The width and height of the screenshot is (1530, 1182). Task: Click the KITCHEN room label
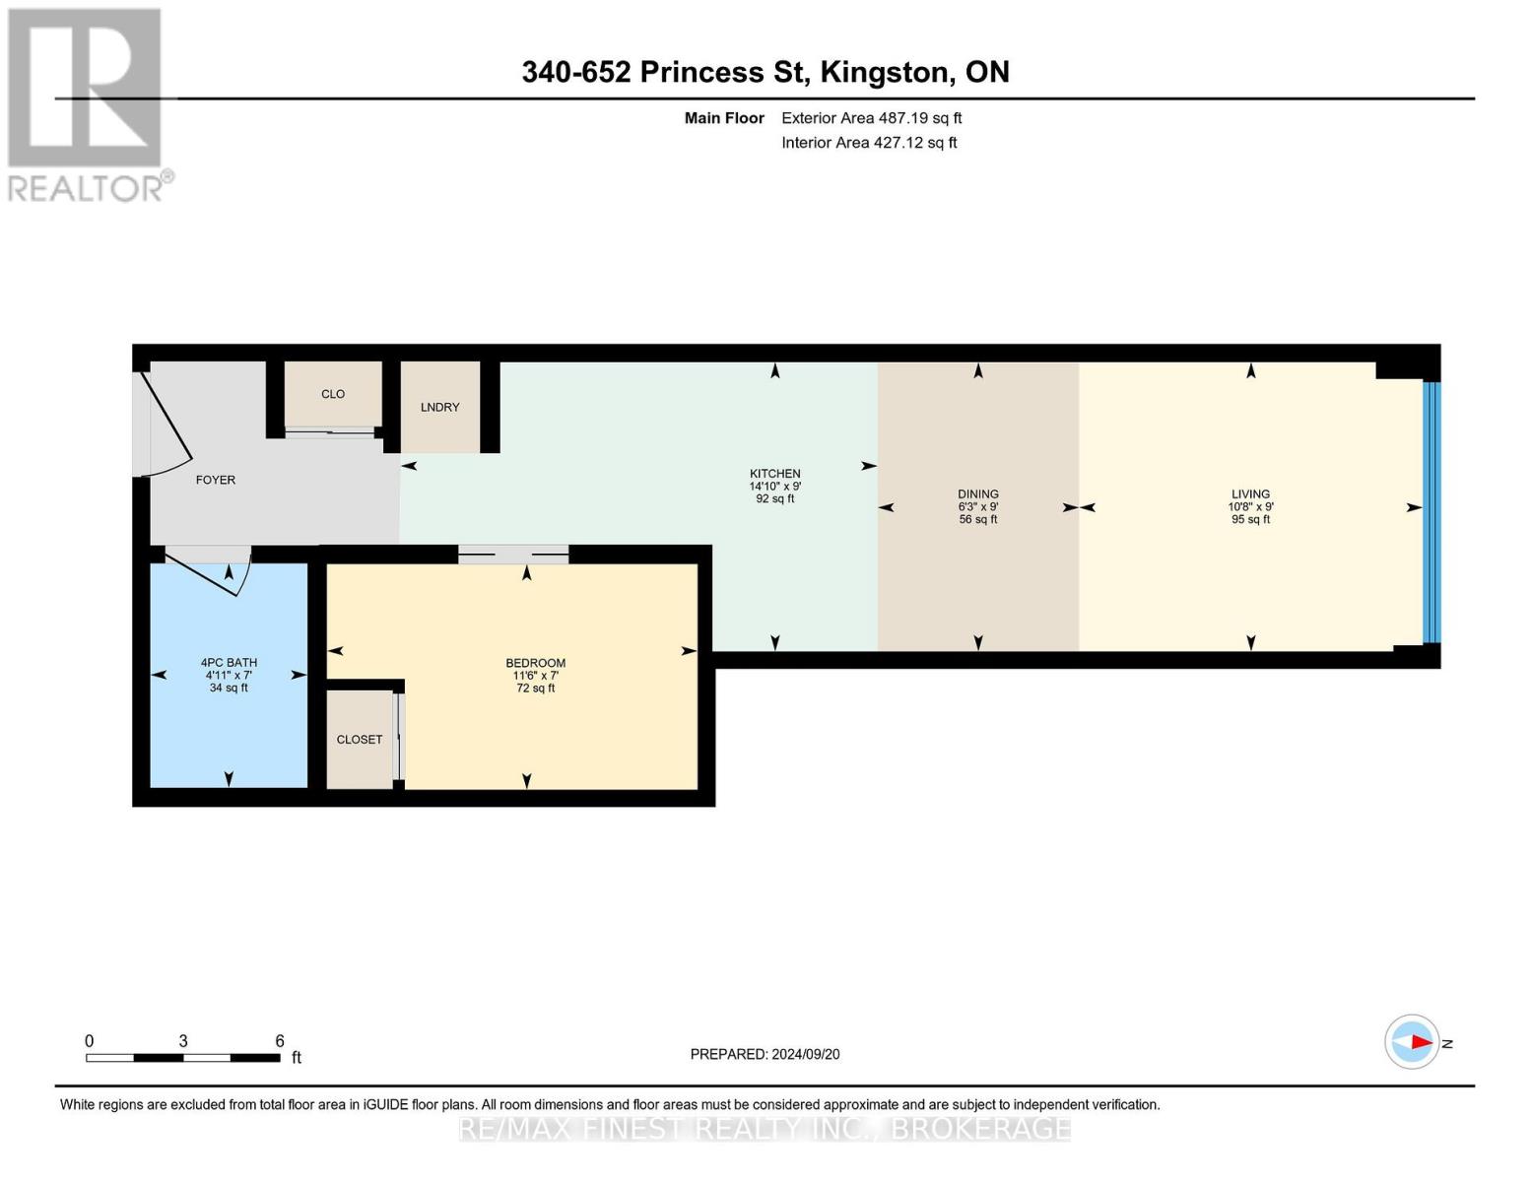[774, 474]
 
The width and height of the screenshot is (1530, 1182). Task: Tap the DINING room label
[978, 494]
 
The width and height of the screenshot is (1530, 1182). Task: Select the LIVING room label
[1250, 494]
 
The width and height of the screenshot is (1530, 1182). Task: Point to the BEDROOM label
[535, 663]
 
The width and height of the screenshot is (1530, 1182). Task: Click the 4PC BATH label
[229, 663]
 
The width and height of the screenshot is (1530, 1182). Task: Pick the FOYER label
[216, 480]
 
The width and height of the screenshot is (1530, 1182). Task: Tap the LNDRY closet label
[440, 408]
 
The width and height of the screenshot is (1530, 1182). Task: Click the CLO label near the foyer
[333, 394]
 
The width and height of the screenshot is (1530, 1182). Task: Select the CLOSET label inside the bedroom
[359, 739]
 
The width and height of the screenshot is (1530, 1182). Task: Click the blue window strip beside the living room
[1431, 512]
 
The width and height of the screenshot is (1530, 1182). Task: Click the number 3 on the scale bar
[183, 1041]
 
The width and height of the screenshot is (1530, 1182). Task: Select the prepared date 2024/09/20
[806, 1055]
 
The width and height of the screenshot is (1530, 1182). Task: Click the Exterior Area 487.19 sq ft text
[871, 118]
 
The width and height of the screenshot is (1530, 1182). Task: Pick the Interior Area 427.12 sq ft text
[869, 143]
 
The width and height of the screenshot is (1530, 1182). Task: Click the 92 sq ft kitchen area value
[774, 499]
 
